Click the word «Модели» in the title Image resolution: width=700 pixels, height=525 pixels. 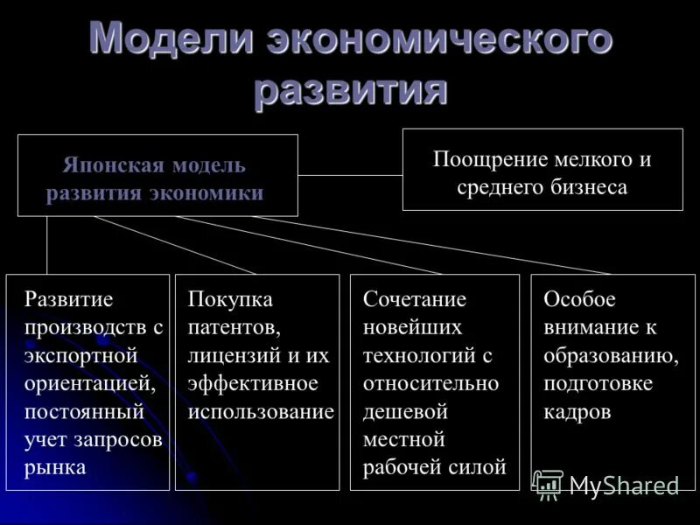click(170, 40)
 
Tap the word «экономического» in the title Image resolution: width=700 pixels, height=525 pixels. click(438, 42)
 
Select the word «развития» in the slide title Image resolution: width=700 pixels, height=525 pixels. click(351, 90)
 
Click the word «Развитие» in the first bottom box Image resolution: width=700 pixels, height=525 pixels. click(69, 299)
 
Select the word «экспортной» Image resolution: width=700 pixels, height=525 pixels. click(81, 355)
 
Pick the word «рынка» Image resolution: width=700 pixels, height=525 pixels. click(55, 467)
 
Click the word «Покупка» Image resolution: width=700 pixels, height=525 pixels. click(230, 299)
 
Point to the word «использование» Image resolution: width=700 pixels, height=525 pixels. click(261, 411)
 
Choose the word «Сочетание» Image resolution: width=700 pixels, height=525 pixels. click(415, 299)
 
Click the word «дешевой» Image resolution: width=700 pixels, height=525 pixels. click(405, 411)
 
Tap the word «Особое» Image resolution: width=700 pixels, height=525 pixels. click(579, 299)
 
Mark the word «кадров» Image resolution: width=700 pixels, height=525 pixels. click(577, 411)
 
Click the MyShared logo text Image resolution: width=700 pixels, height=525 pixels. click(624, 486)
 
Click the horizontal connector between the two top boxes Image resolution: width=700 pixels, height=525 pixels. click(350, 175)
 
